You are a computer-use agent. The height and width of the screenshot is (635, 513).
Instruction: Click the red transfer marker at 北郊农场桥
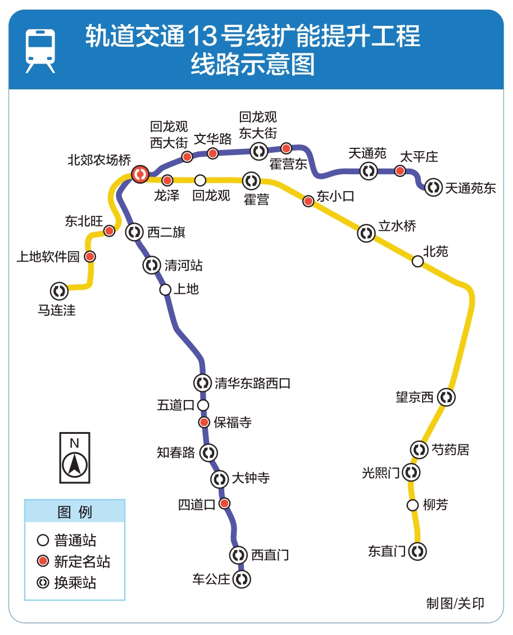tap(140, 174)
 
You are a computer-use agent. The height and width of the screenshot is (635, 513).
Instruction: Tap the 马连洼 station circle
tap(58, 291)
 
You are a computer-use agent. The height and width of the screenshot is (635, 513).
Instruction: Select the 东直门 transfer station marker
tap(417, 551)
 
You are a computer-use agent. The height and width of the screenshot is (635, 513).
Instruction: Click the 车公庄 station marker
tap(242, 579)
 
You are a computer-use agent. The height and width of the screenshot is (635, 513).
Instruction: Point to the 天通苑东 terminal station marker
tap(433, 188)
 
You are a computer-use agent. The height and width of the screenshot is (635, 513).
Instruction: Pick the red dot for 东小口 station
tap(308, 201)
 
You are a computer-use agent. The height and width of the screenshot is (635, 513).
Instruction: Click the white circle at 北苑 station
tap(417, 261)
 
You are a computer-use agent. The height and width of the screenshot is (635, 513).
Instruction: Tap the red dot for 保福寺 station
tap(204, 423)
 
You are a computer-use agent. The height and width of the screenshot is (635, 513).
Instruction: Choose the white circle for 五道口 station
tap(203, 405)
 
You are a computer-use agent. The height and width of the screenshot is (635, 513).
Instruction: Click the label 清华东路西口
tap(253, 383)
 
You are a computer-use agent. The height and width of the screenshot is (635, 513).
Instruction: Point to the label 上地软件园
tap(48, 257)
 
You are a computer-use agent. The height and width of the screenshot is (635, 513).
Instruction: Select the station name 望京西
tap(415, 397)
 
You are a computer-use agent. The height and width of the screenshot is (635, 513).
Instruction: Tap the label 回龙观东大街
tap(258, 125)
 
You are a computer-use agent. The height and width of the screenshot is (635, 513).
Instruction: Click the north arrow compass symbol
tap(75, 457)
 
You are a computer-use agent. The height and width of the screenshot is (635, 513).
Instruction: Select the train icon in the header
tap(40, 51)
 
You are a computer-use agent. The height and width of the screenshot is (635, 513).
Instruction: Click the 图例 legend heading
tap(75, 512)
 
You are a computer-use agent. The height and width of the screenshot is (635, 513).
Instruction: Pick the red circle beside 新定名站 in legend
tap(43, 561)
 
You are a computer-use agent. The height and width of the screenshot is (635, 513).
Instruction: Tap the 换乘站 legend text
tap(75, 582)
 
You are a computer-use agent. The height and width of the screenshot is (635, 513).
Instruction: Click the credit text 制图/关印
tap(455, 604)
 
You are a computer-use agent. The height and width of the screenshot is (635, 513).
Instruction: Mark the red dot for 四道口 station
tap(224, 504)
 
